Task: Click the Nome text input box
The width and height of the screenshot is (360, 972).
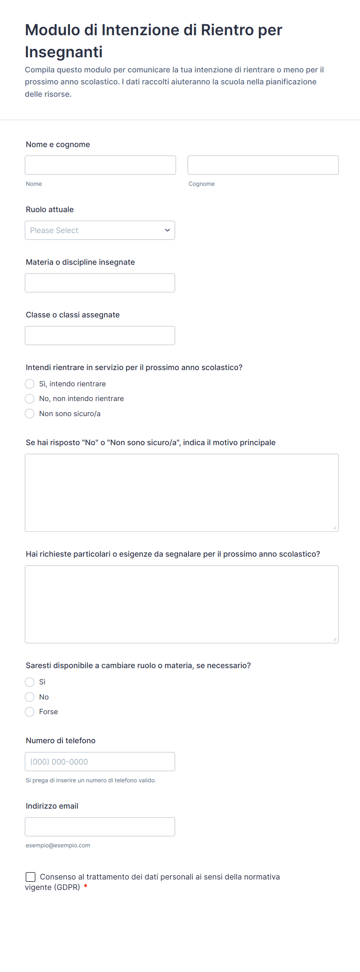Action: pyautogui.click(x=100, y=165)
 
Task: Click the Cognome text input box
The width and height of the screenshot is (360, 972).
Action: pyautogui.click(x=263, y=165)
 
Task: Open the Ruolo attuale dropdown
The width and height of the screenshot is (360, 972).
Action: pyautogui.click(x=100, y=230)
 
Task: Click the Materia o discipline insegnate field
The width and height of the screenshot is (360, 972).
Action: pyautogui.click(x=100, y=283)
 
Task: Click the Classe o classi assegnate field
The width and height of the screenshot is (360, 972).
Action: pyautogui.click(x=100, y=336)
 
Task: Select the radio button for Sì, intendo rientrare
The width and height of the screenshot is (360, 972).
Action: pyautogui.click(x=30, y=384)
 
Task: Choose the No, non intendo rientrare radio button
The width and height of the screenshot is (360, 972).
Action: pyautogui.click(x=30, y=399)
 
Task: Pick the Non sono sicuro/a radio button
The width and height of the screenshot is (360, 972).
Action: pyautogui.click(x=30, y=414)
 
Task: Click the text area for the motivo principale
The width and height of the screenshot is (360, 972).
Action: pyautogui.click(x=182, y=493)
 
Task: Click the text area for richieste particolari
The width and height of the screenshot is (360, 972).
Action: pyautogui.click(x=182, y=604)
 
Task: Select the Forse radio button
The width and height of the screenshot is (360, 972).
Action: pyautogui.click(x=30, y=712)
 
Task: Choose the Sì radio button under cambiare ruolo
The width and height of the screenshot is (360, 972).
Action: pyautogui.click(x=30, y=682)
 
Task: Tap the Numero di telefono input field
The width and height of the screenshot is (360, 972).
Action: pyautogui.click(x=100, y=762)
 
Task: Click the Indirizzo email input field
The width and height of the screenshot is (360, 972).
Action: pyautogui.click(x=100, y=827)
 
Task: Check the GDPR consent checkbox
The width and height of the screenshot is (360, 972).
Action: pyautogui.click(x=31, y=877)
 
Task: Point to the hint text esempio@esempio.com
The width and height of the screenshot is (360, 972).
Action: pyautogui.click(x=58, y=845)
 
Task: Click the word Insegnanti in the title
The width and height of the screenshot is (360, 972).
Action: pyautogui.click(x=64, y=52)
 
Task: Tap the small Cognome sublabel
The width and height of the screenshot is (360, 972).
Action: pyautogui.click(x=201, y=184)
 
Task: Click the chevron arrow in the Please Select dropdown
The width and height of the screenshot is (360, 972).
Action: pyautogui.click(x=167, y=230)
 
